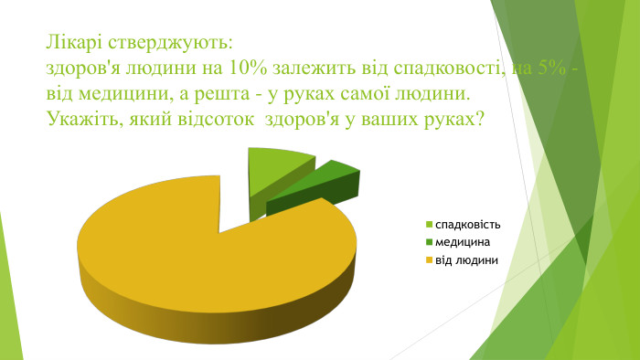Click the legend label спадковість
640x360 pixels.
(468, 225)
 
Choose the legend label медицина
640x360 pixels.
(463, 242)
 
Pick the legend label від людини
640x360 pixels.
(466, 259)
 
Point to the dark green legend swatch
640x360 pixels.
(429, 243)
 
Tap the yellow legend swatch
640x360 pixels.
(429, 260)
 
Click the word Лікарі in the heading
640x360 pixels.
(76, 44)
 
